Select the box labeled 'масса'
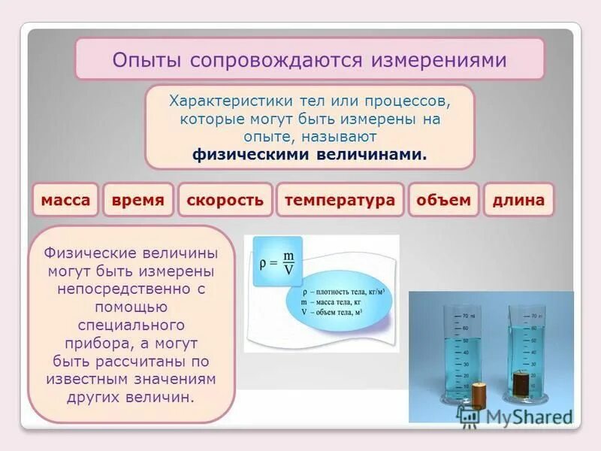point(65,200)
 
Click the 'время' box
point(138,200)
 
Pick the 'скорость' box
point(225,200)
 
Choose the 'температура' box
point(340,200)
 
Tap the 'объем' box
point(443,200)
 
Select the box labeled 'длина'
point(518,200)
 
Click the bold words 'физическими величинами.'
point(310,154)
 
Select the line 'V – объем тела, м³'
point(331,310)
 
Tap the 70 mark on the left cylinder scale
point(466,315)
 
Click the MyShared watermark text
point(526,416)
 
